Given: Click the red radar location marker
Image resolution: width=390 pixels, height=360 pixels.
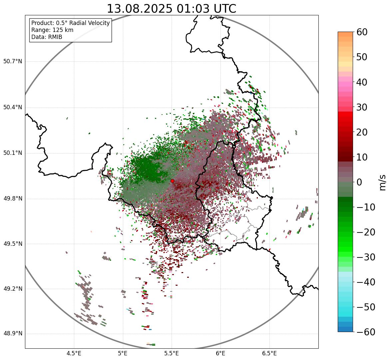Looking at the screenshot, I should [x=172, y=181].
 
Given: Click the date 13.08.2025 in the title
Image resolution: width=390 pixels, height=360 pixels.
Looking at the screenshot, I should [x=140, y=9].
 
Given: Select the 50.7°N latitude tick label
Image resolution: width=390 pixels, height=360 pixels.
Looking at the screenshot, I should [x=13, y=62].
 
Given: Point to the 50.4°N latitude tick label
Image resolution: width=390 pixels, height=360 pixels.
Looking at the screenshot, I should [x=13, y=107].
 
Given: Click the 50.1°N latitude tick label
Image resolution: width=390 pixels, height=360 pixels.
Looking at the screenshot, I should [x=13, y=153].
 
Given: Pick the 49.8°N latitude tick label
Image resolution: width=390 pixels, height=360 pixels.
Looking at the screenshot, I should [x=13, y=199].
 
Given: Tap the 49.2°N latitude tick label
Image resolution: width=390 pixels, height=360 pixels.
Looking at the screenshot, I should [x=13, y=289].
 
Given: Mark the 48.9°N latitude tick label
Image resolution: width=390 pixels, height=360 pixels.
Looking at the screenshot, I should [x=13, y=334].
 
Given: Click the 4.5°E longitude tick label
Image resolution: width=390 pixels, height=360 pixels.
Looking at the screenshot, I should [x=74, y=353].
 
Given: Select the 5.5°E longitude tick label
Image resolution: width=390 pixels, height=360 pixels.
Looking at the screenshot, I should [x=172, y=353].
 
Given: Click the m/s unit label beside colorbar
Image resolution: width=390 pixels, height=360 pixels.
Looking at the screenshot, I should [x=383, y=182].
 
